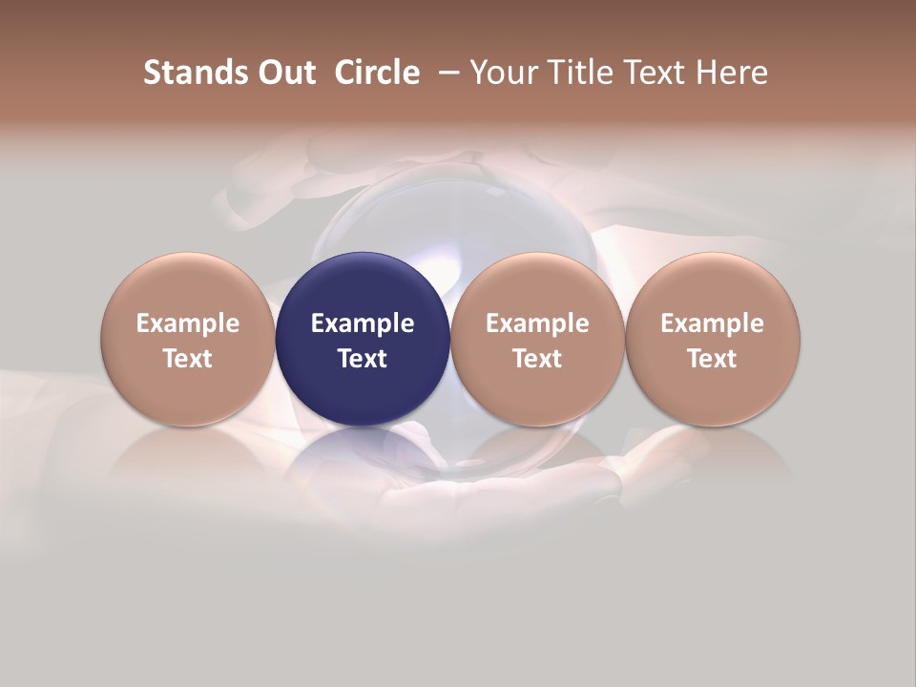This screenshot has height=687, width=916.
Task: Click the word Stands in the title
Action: (x=184, y=73)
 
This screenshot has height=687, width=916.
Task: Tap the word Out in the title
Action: (x=284, y=73)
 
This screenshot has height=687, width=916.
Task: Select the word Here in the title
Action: (x=734, y=73)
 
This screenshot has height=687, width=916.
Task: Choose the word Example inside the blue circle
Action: (x=363, y=323)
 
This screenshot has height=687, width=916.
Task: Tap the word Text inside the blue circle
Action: (x=363, y=359)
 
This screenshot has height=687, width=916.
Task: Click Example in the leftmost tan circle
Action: (x=188, y=323)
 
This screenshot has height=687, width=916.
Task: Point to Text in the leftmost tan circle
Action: (x=188, y=359)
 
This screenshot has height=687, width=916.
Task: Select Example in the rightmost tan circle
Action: (x=713, y=323)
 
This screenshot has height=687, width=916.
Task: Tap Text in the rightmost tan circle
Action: (x=713, y=359)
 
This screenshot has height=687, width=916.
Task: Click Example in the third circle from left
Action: (x=537, y=323)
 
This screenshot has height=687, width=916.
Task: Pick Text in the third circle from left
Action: (x=537, y=359)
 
